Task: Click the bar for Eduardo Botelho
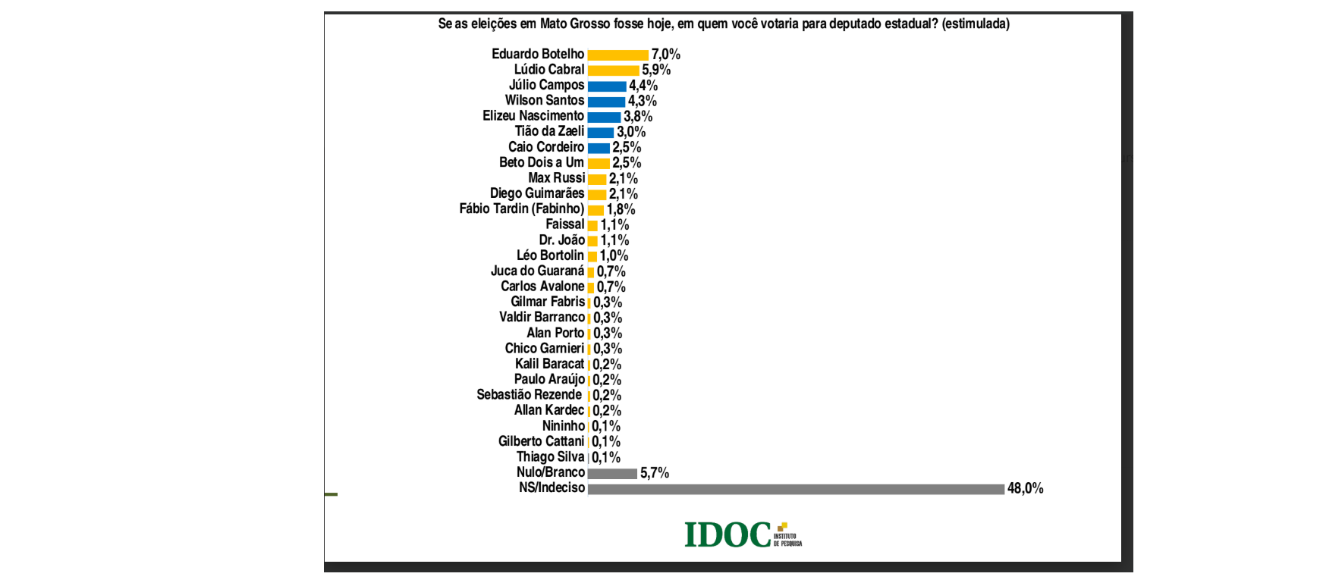[618, 55]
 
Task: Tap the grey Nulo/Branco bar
[612, 473]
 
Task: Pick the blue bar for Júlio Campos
[606, 86]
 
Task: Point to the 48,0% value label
[1025, 489]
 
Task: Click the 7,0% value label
[665, 55]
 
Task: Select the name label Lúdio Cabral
[549, 70]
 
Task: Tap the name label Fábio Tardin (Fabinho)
[521, 208]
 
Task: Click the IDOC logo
[742, 534]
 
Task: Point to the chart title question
[723, 24]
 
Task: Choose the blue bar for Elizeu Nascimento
[604, 117]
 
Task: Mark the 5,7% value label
[654, 473]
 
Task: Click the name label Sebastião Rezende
[529, 395]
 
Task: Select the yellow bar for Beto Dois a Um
[599, 163]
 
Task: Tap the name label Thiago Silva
[550, 457]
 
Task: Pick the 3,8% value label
[637, 117]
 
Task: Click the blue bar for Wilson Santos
[606, 101]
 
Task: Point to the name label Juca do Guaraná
[537, 271]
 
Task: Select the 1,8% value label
[621, 209]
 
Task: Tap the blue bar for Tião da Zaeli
[600, 132]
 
